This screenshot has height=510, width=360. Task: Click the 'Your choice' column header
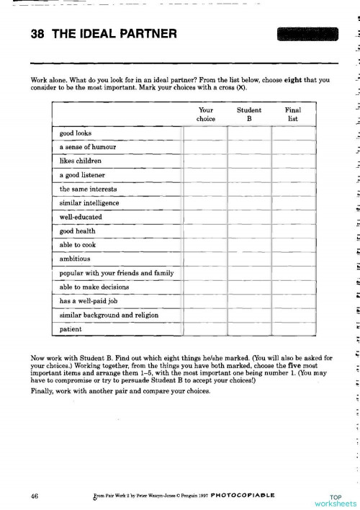click(x=205, y=115)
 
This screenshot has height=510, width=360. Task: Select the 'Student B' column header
click(x=249, y=115)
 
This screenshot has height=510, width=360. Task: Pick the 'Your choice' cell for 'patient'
click(x=206, y=329)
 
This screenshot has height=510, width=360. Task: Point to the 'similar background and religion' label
click(x=109, y=316)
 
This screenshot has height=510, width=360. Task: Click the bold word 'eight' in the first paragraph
click(x=277, y=81)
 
